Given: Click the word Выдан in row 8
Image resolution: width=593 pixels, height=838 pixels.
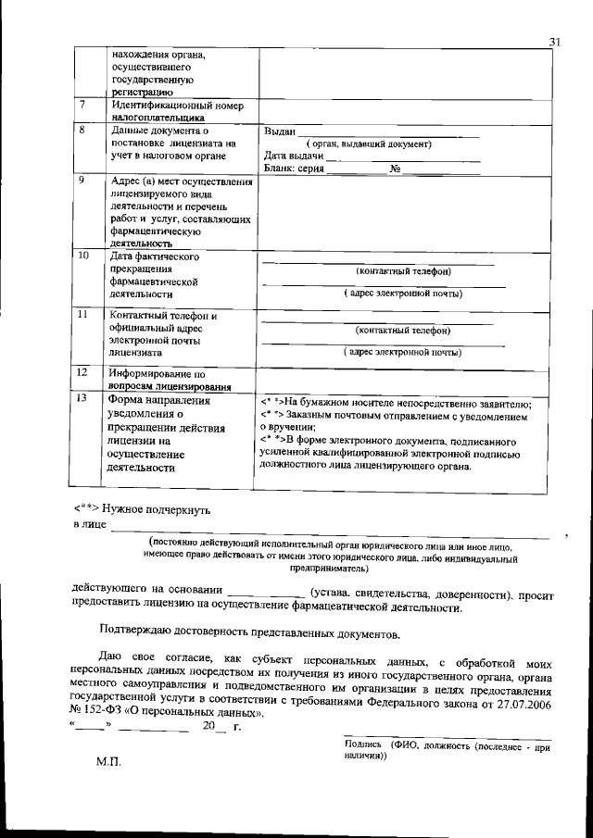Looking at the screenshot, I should point(280,132).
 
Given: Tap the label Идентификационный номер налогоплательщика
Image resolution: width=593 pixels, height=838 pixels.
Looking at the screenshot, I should point(176,111).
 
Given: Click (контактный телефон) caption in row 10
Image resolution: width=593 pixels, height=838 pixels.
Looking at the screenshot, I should point(404,271).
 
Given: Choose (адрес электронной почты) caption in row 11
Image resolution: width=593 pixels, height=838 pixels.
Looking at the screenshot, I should point(403,352).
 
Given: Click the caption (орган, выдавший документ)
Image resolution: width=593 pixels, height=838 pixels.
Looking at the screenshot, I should point(371,144).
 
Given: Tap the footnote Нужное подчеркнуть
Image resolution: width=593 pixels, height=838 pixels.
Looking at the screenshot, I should point(157,508).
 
